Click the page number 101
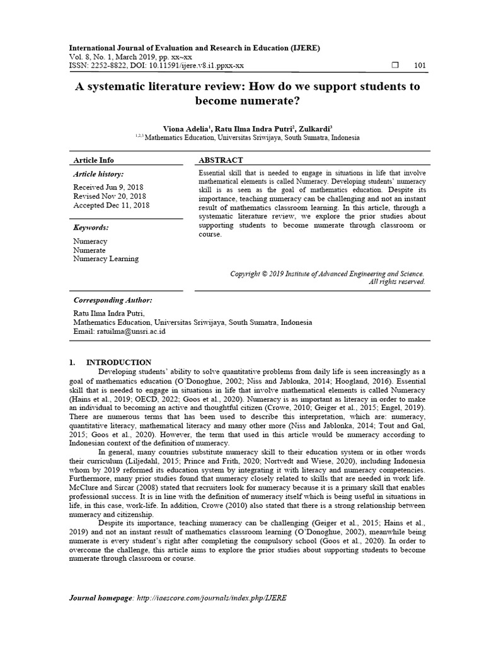click(420, 66)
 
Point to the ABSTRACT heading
click(221, 160)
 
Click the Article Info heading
click(94, 160)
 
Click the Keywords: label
click(91, 227)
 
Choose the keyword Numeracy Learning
click(106, 259)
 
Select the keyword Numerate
click(89, 250)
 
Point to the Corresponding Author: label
click(113, 300)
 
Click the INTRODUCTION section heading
click(118, 362)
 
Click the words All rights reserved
click(396, 282)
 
